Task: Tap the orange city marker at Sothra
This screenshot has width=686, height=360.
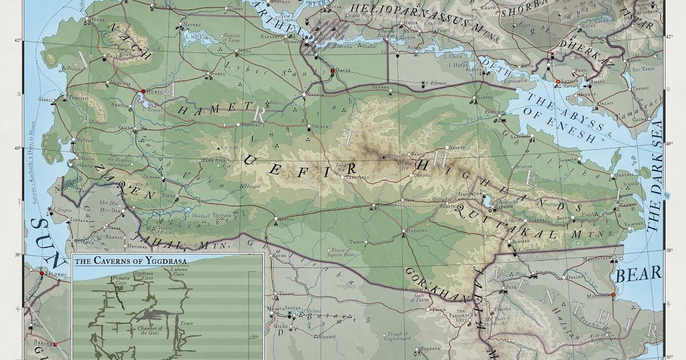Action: (x=558, y=82)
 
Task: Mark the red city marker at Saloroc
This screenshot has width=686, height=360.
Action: (x=42, y=274)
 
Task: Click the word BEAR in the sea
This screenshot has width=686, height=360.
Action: (x=639, y=273)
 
